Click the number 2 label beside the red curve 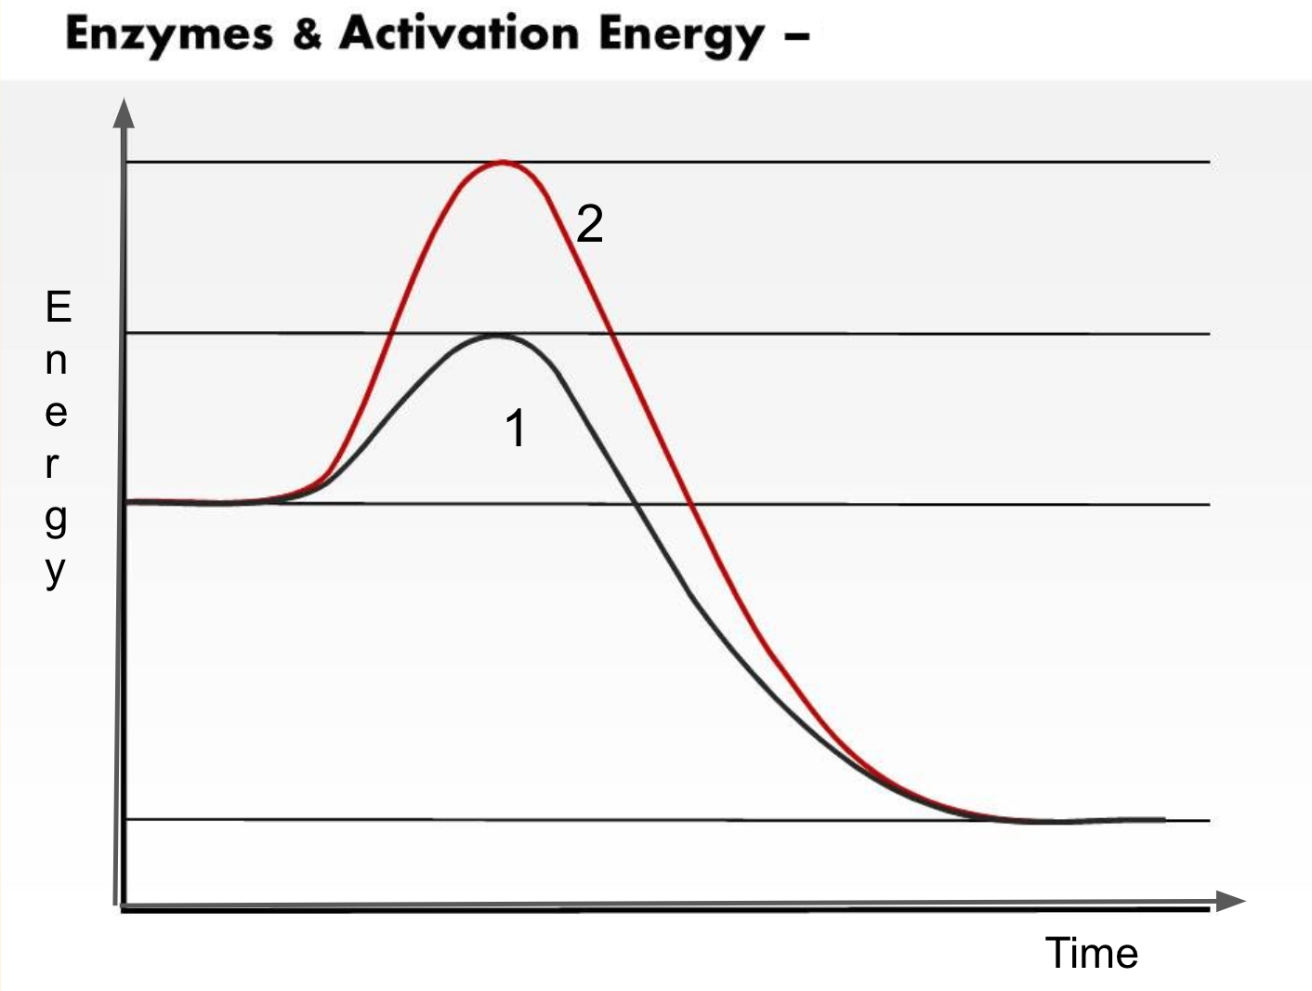point(590,224)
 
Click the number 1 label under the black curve point(516,429)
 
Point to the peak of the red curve point(503,163)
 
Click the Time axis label point(1091,953)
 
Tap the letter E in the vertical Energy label point(58,307)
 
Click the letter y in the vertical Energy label point(56,570)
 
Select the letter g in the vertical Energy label point(56,519)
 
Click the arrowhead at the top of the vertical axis point(124,112)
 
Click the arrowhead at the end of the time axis point(1230,901)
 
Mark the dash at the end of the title point(796,37)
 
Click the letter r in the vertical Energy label point(53,465)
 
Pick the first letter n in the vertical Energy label point(56,360)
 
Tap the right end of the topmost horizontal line point(1208,163)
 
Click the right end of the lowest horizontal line point(1208,821)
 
